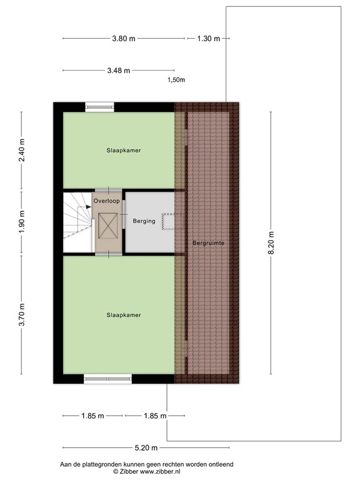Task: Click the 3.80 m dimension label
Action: click(124, 39)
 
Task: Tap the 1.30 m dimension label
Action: click(208, 39)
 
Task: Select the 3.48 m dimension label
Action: click(118, 71)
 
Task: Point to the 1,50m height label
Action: click(176, 80)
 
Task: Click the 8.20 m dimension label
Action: click(271, 244)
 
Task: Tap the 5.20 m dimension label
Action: click(146, 447)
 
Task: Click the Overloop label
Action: click(106, 201)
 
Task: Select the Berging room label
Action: click(144, 221)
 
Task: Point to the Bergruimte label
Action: click(208, 242)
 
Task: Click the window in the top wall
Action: click(100, 107)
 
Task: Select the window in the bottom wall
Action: click(107, 379)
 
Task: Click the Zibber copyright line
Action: click(146, 471)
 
